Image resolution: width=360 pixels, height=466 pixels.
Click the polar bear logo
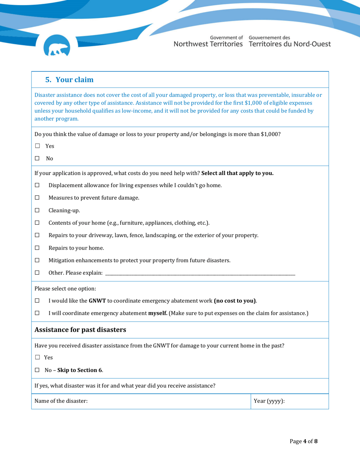59,47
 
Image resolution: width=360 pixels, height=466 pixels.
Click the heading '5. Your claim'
69,80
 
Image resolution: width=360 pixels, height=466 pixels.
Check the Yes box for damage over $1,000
37,146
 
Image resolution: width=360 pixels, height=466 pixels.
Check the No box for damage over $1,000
37,159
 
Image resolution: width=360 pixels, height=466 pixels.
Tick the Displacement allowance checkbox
37,185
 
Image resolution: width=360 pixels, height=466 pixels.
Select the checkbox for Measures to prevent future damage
37,198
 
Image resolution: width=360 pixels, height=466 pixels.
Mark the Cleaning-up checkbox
37,210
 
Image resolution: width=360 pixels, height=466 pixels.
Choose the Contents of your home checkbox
37,223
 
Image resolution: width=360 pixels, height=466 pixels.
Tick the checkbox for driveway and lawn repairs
37,235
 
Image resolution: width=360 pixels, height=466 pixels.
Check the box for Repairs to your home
37,248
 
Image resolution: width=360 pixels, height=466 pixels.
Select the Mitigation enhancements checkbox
37,261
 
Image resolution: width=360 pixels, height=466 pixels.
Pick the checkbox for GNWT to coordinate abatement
37,301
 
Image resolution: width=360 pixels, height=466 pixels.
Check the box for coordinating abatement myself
37,314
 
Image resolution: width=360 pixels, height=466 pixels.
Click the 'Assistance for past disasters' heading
80,330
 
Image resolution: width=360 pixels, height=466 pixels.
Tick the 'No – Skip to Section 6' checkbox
37,370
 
